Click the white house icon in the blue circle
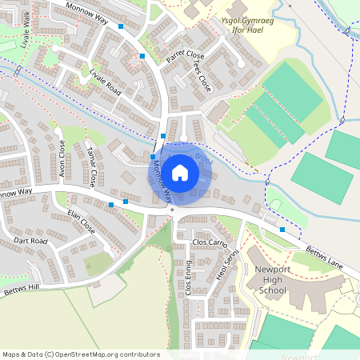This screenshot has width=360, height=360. [x=180, y=172]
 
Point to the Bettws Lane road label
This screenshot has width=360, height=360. [x=326, y=252]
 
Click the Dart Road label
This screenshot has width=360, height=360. [x=30, y=241]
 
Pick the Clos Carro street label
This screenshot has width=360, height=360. [x=211, y=242]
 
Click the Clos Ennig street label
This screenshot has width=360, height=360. [x=189, y=278]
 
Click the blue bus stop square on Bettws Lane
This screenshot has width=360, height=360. [x=282, y=230]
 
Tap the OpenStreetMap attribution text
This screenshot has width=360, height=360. [x=81, y=354]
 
